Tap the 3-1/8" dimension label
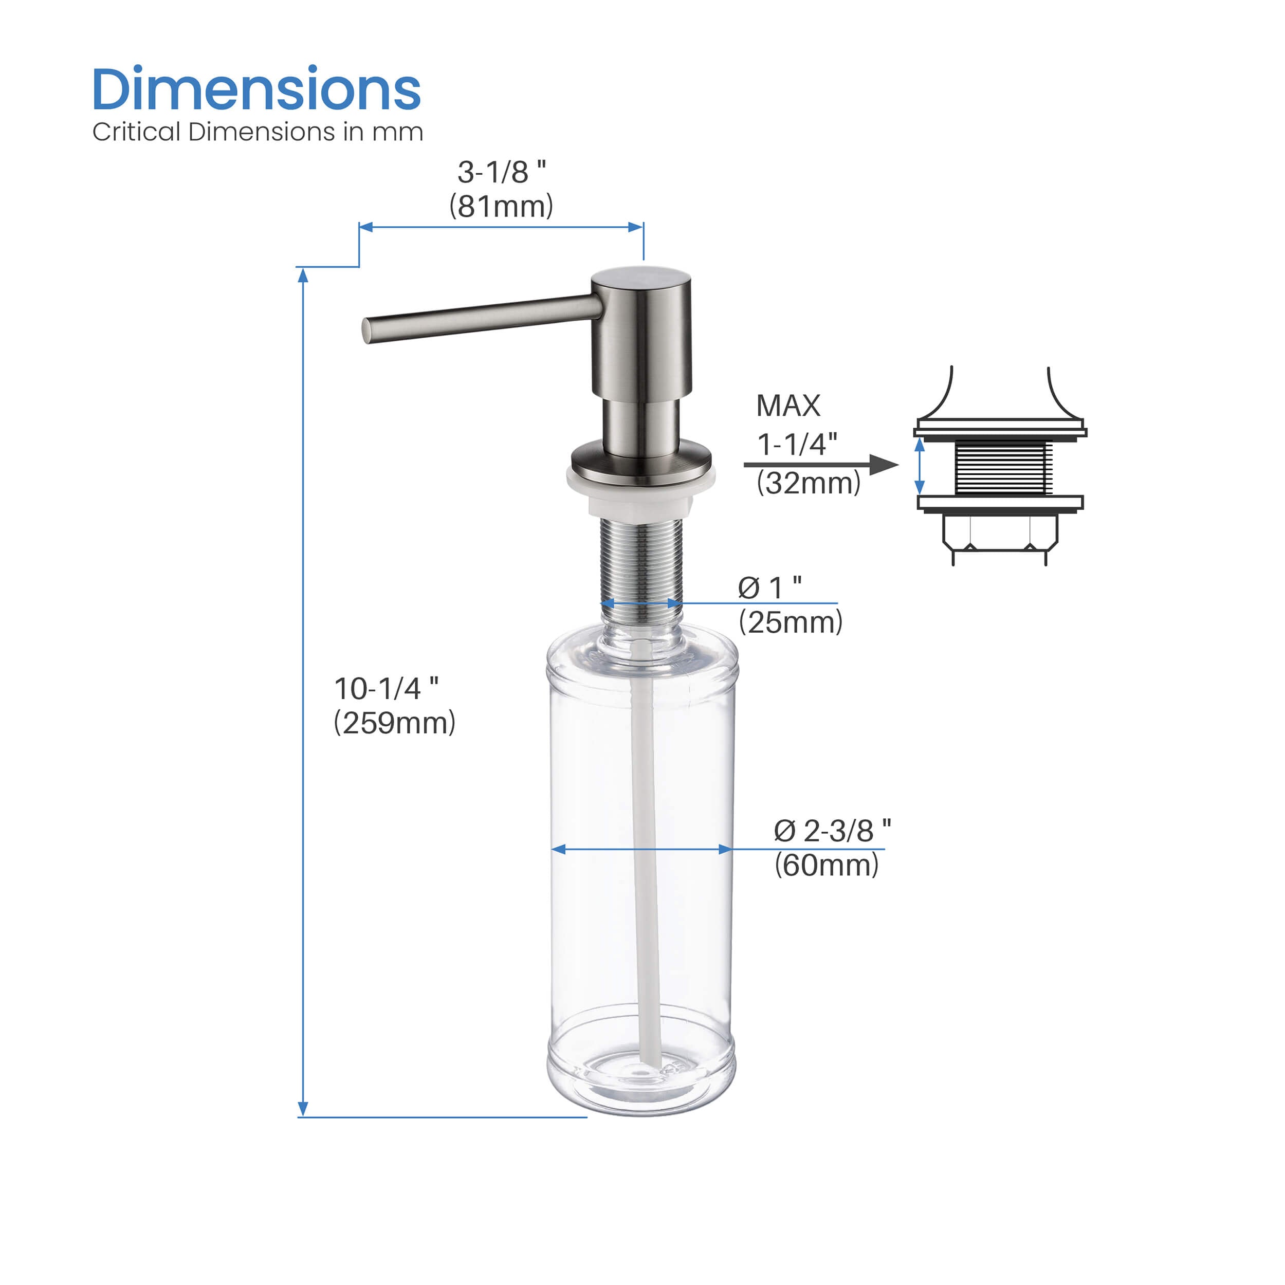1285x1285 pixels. (x=502, y=172)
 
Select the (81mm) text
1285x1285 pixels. (x=501, y=206)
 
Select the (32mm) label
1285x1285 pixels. (x=808, y=483)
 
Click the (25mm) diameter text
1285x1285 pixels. (x=790, y=622)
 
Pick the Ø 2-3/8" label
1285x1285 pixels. (x=832, y=831)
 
